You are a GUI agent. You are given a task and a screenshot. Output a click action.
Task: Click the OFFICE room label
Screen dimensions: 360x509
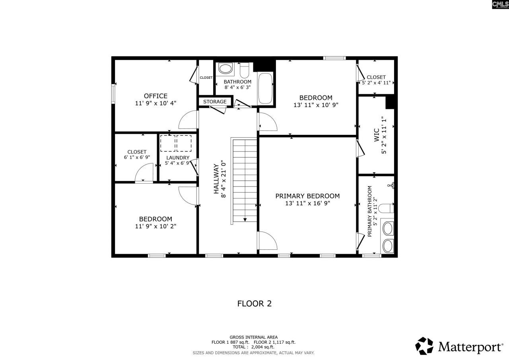155,96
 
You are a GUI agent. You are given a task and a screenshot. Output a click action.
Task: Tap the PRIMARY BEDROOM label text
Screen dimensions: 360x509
307,196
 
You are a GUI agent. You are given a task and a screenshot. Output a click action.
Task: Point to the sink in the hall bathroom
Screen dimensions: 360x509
226,69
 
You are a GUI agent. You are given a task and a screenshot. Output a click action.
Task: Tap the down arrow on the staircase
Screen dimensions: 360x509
245,219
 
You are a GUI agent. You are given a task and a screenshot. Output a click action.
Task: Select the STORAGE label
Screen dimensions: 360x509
215,102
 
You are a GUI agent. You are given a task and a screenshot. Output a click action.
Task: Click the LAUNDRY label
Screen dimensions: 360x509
178,158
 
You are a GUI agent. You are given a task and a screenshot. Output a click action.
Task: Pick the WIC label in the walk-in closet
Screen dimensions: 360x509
376,135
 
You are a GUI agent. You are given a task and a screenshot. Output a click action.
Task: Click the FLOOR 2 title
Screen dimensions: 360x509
254,304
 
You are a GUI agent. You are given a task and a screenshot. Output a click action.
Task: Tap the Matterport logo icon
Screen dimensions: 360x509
424,346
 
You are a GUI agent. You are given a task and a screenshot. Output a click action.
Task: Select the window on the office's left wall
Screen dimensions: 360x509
113,94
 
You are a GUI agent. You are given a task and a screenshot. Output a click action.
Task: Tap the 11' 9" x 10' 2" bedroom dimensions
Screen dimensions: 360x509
155,226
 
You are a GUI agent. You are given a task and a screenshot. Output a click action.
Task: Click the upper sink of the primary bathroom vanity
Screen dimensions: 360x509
387,228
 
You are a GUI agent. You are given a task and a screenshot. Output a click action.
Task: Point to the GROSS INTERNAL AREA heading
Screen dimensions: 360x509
253,337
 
